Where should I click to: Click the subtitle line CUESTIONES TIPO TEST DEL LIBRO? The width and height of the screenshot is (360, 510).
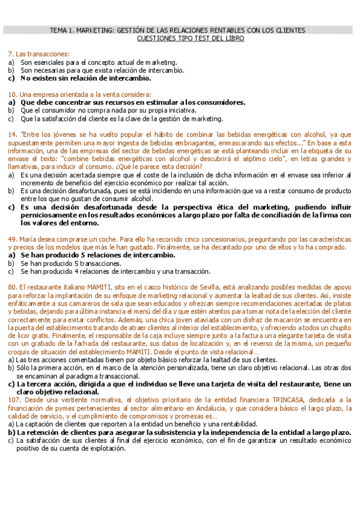191,38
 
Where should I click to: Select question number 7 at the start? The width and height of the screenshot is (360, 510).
11,54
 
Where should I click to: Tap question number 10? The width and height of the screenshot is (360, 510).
12,94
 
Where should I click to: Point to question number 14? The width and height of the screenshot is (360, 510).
12,135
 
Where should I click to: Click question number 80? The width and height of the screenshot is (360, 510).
12,287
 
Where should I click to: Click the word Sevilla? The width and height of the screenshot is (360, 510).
224,287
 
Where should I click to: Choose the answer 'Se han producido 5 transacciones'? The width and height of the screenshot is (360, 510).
71,263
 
